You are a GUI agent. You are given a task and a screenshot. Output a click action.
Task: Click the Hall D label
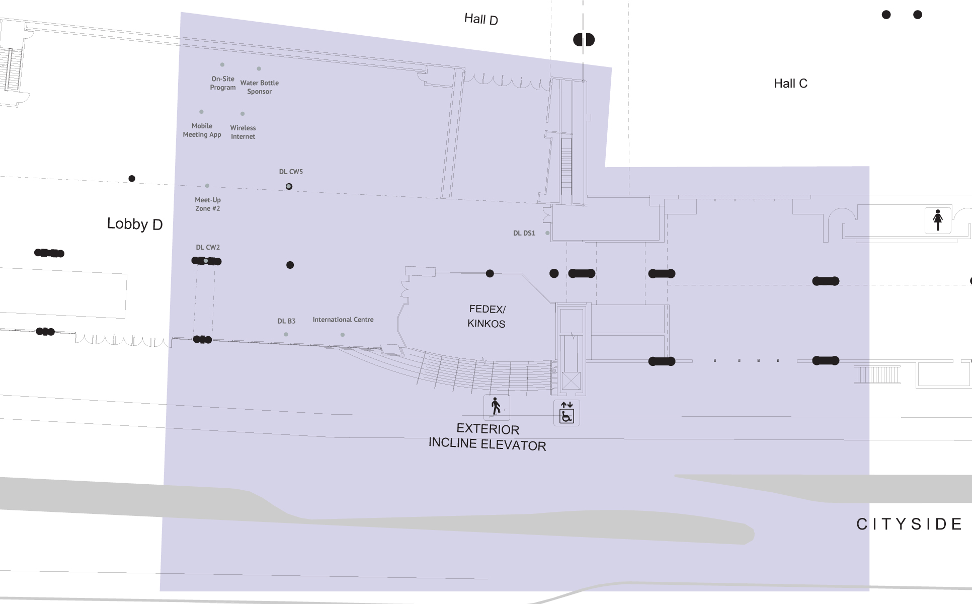click(x=481, y=19)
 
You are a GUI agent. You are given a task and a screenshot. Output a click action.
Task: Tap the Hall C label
click(x=790, y=84)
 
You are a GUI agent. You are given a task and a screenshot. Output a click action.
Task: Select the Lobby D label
click(x=135, y=224)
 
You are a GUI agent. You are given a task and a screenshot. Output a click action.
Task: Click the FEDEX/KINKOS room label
click(x=487, y=317)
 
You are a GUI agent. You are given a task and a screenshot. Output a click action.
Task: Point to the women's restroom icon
click(x=938, y=220)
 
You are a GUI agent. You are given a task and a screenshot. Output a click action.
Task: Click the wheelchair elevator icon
click(x=566, y=413)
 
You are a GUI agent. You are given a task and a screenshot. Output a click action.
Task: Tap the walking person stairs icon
click(x=497, y=407)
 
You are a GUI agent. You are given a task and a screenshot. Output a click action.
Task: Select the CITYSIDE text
click(x=909, y=524)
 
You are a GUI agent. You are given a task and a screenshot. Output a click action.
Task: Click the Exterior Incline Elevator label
click(x=488, y=437)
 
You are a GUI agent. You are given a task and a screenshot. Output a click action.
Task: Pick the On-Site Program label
click(x=223, y=83)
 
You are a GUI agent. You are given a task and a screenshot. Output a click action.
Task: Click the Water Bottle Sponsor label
click(x=260, y=87)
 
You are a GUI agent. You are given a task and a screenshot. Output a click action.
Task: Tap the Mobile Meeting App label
click(x=202, y=130)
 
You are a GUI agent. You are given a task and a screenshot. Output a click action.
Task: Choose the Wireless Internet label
click(x=243, y=132)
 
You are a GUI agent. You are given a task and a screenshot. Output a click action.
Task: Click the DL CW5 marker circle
click(x=289, y=186)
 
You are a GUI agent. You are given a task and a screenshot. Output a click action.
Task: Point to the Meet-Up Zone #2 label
click(x=208, y=204)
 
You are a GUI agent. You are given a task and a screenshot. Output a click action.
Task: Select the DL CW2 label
click(x=208, y=247)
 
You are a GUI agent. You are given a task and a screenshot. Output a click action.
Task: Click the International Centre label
click(x=343, y=320)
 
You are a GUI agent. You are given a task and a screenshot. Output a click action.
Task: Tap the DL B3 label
click(x=286, y=321)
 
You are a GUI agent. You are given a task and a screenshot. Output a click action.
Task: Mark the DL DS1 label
click(x=524, y=233)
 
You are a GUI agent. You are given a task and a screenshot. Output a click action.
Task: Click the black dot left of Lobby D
click(x=132, y=179)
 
